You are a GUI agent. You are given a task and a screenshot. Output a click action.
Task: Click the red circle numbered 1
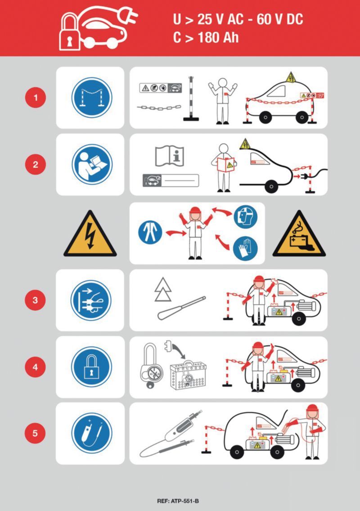pyautogui.click(x=36, y=97)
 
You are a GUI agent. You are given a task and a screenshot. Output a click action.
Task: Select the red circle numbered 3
pyautogui.click(x=35, y=300)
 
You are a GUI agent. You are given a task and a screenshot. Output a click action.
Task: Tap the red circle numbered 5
pyautogui.click(x=35, y=433)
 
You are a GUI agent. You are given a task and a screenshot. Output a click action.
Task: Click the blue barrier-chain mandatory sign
pyautogui.click(x=92, y=97)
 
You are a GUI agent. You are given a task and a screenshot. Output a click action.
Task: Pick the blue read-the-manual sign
pyautogui.click(x=92, y=164)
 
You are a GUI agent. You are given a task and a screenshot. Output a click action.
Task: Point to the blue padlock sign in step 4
pyautogui.click(x=92, y=367)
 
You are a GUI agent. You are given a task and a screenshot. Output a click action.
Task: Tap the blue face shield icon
pyautogui.click(x=246, y=217)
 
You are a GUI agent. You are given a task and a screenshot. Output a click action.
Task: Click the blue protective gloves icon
pyautogui.click(x=245, y=248)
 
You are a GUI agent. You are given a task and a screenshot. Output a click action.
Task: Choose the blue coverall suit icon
pyautogui.click(x=150, y=232)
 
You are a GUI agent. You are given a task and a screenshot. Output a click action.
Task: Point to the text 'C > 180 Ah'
pyautogui.click(x=206, y=37)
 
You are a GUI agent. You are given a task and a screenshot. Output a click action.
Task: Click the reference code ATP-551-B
pyautogui.click(x=178, y=501)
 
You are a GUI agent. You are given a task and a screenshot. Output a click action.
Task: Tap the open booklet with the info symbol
pyautogui.click(x=170, y=156)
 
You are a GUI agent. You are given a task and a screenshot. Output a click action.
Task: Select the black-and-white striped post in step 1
pyautogui.click(x=191, y=99)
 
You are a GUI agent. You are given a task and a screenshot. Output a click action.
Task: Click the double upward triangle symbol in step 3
pyautogui.click(x=163, y=289)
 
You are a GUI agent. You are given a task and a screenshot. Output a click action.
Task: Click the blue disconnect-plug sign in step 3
pyautogui.click(x=91, y=300)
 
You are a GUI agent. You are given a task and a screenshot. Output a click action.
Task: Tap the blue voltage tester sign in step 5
pyautogui.click(x=92, y=433)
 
